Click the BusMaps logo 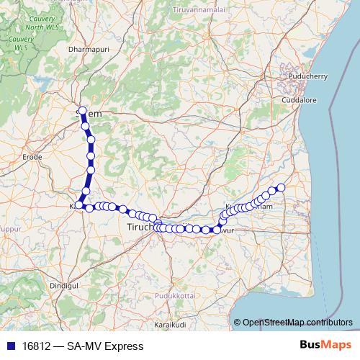point(321,346)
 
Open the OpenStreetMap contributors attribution point(297,323)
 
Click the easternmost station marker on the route point(282,188)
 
